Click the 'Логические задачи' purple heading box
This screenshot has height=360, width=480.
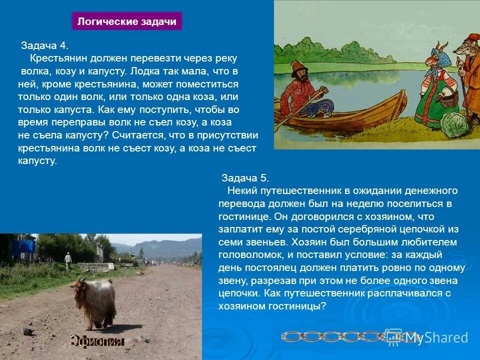pos(127,21)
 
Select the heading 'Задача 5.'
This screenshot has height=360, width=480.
pos(245,178)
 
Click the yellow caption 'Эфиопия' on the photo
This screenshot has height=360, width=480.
pos(96,342)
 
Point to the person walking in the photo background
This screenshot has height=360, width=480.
pos(67,260)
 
